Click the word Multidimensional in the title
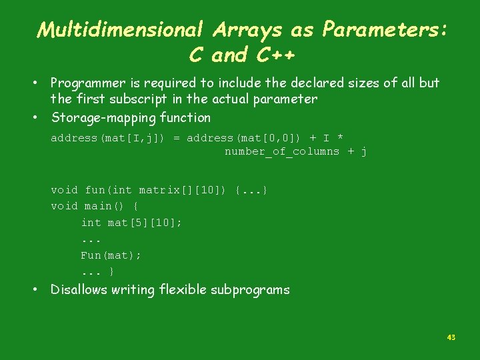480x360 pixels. coord(121,29)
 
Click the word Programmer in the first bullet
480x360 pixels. coord(88,83)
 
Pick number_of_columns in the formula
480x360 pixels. coord(281,152)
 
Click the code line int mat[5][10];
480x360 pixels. coord(131,223)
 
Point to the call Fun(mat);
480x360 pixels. coord(111,255)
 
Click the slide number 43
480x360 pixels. coord(451,337)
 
